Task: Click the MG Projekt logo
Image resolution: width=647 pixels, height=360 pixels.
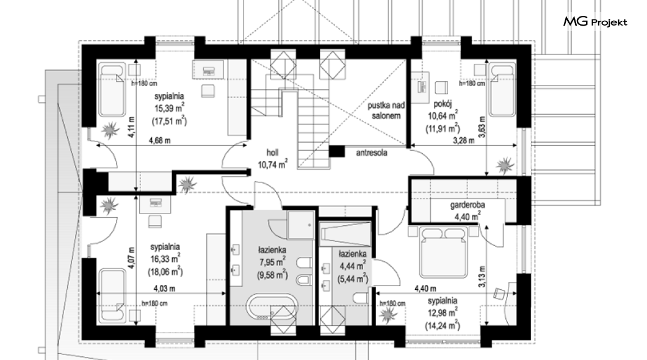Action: [595, 22]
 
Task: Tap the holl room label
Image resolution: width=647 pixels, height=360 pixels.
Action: [272, 153]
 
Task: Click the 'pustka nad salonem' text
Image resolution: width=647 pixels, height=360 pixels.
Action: [386, 110]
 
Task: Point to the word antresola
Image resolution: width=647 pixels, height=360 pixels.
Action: [372, 153]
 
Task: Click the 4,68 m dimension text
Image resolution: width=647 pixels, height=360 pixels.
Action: [160, 140]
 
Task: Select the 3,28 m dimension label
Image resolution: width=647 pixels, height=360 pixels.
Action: [464, 140]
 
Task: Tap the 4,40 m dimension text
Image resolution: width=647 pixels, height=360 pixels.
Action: [425, 289]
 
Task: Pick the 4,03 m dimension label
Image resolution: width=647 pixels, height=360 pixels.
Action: [164, 289]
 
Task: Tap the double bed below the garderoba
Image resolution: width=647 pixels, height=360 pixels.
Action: [443, 251]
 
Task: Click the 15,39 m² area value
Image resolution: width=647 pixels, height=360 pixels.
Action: [169, 109]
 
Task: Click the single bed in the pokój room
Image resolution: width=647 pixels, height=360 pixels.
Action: [502, 90]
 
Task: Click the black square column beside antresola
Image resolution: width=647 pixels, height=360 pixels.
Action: [337, 151]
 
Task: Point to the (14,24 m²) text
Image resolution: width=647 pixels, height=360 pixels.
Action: [443, 326]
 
